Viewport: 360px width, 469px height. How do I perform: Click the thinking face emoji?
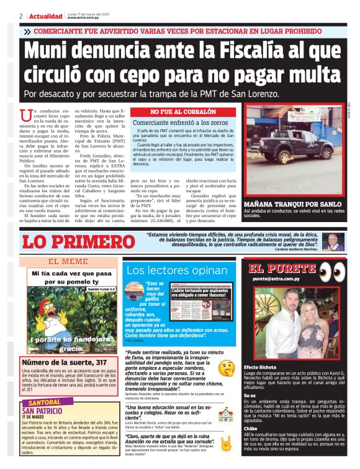pos(226,367)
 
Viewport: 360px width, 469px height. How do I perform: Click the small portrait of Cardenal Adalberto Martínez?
pos(333,241)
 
